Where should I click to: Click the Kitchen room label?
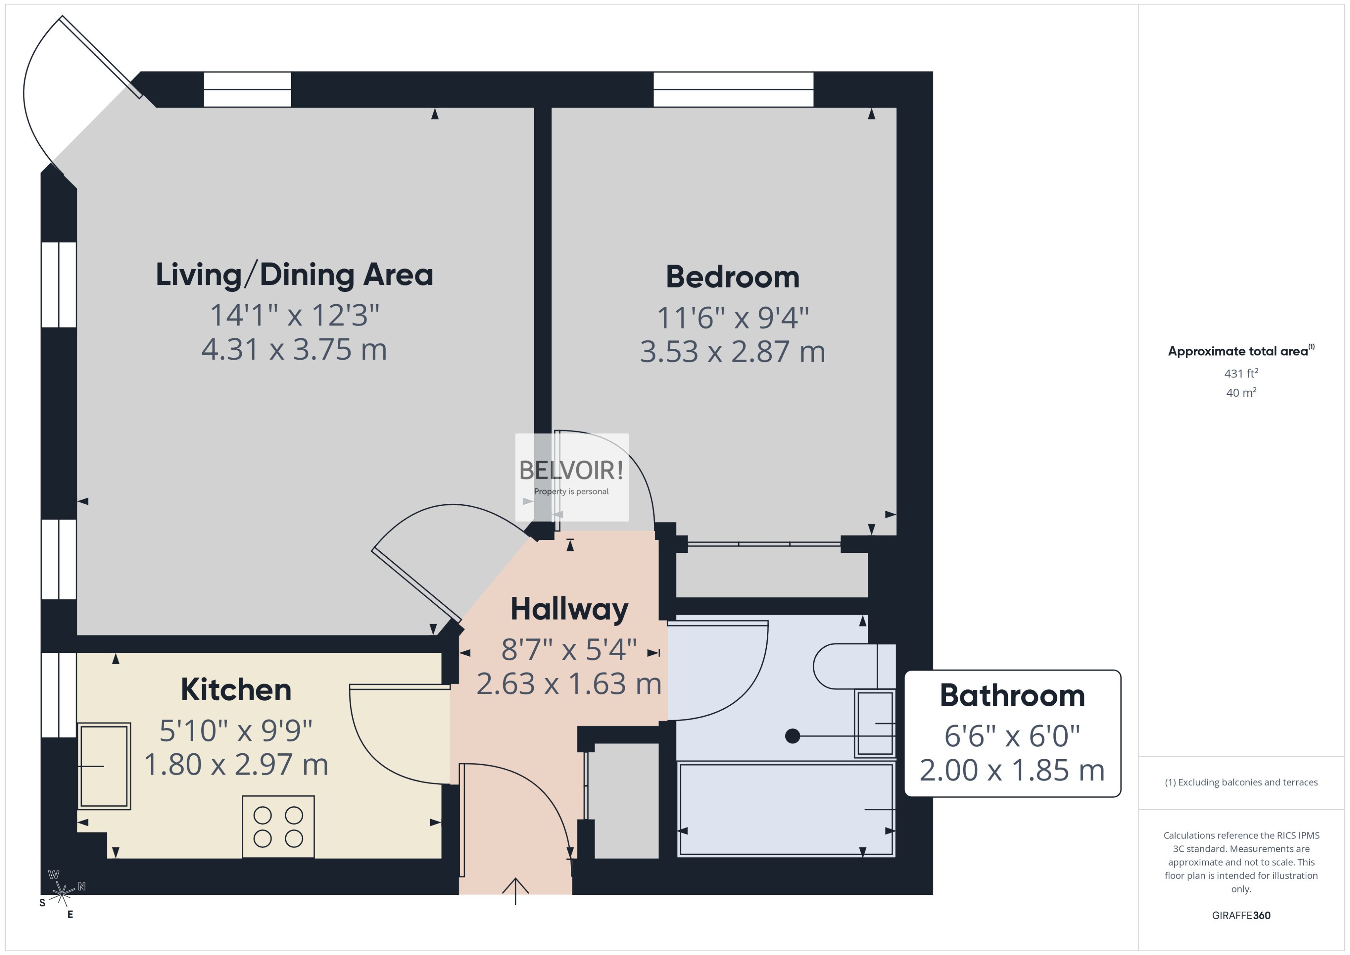[236, 689]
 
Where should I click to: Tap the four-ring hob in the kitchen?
[278, 826]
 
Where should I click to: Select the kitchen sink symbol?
[104, 766]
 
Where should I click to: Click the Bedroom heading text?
[732, 276]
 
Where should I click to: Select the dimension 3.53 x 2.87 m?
[732, 352]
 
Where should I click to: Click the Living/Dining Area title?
[294, 275]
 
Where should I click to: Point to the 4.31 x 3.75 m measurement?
[294, 349]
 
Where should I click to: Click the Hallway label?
[569, 609]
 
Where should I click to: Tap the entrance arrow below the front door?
[515, 890]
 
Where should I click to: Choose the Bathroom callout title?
[1012, 695]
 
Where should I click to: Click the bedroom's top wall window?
[733, 89]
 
